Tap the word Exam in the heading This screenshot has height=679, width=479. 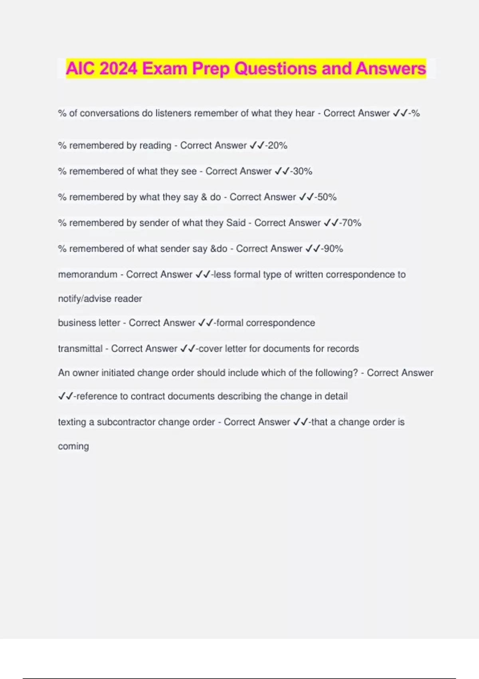click(165, 68)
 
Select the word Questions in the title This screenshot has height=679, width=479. click(276, 68)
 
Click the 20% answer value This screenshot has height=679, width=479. click(277, 145)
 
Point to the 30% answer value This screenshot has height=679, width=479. click(303, 171)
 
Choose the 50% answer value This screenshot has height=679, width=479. click(327, 197)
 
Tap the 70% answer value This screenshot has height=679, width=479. click(352, 223)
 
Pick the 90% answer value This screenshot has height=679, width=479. click(333, 248)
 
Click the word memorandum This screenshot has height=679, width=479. click(87, 274)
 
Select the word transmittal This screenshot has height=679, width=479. click(80, 348)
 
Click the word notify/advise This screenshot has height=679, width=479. click(84, 299)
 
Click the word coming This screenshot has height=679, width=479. click(73, 446)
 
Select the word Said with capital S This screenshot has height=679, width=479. click(236, 223)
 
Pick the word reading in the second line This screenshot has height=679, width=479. click(155, 145)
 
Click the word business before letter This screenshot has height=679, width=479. click(74, 323)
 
